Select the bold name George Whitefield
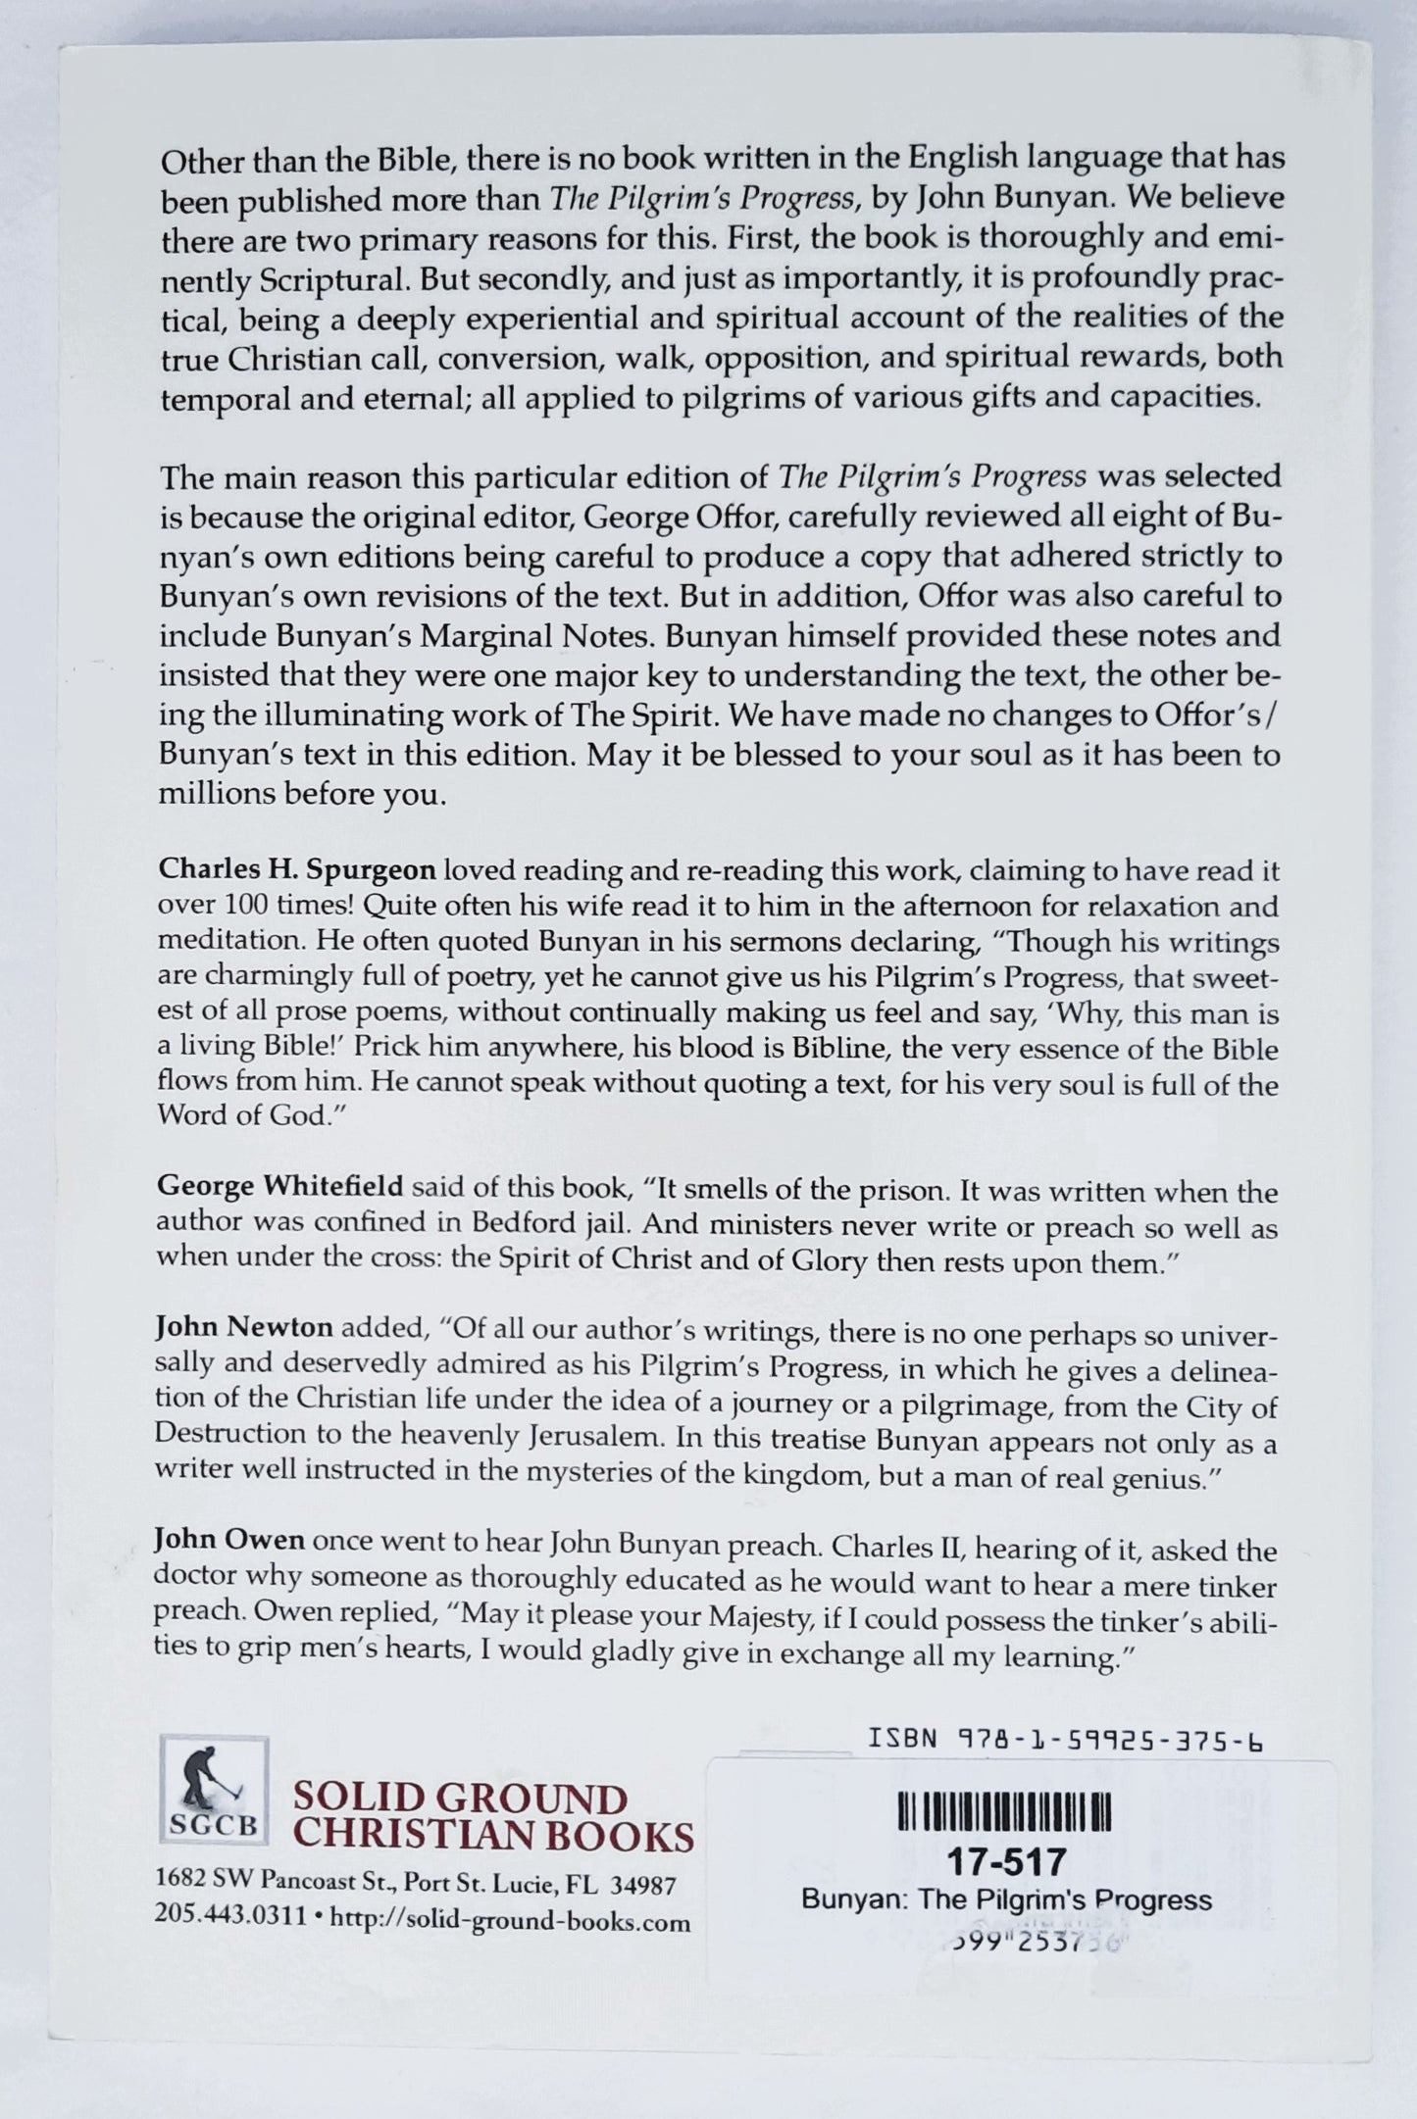click(279, 1190)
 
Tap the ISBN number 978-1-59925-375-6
click(1065, 1740)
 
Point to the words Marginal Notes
click(560, 635)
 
